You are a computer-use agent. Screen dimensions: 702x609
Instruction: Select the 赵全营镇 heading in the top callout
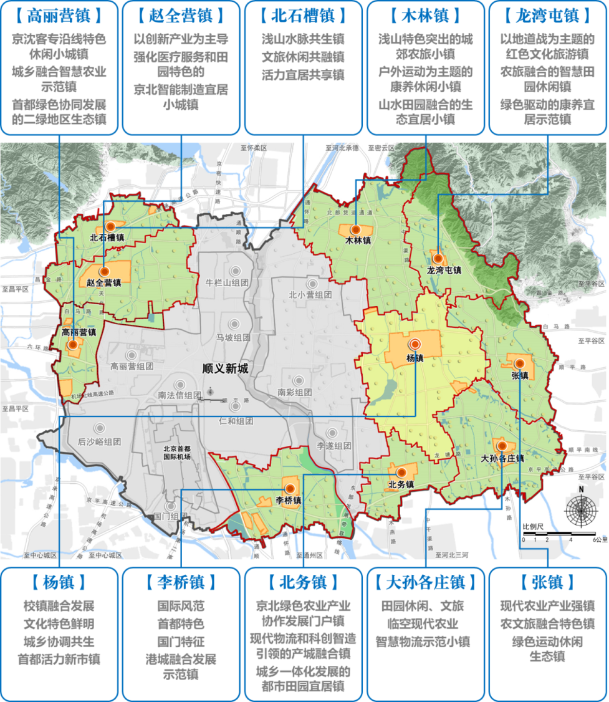coord(181,16)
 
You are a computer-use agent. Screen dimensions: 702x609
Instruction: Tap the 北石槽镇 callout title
coord(304,16)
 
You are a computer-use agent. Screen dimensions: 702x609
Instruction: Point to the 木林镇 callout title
coord(426,16)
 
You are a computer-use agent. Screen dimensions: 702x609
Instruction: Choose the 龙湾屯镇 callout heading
coord(549,16)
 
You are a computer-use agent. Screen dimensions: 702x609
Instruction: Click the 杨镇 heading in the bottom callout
coord(59,582)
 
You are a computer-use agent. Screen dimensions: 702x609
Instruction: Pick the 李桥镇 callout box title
coord(181,582)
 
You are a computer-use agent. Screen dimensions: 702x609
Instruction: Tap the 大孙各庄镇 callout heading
coord(426,582)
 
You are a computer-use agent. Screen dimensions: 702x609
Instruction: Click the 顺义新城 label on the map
coord(225,369)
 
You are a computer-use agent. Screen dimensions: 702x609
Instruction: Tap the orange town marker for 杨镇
coord(415,344)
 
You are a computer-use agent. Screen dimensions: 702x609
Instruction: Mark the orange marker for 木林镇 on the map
coord(356,229)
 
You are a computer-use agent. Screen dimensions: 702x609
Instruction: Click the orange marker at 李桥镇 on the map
coord(289,488)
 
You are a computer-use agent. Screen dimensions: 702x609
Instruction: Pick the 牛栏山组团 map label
coord(227,281)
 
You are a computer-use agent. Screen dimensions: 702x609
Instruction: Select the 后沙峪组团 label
coord(99,441)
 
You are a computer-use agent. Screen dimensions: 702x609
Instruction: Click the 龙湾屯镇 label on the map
coord(444,270)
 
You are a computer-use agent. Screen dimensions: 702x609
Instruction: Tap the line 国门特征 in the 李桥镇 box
coord(181,641)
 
